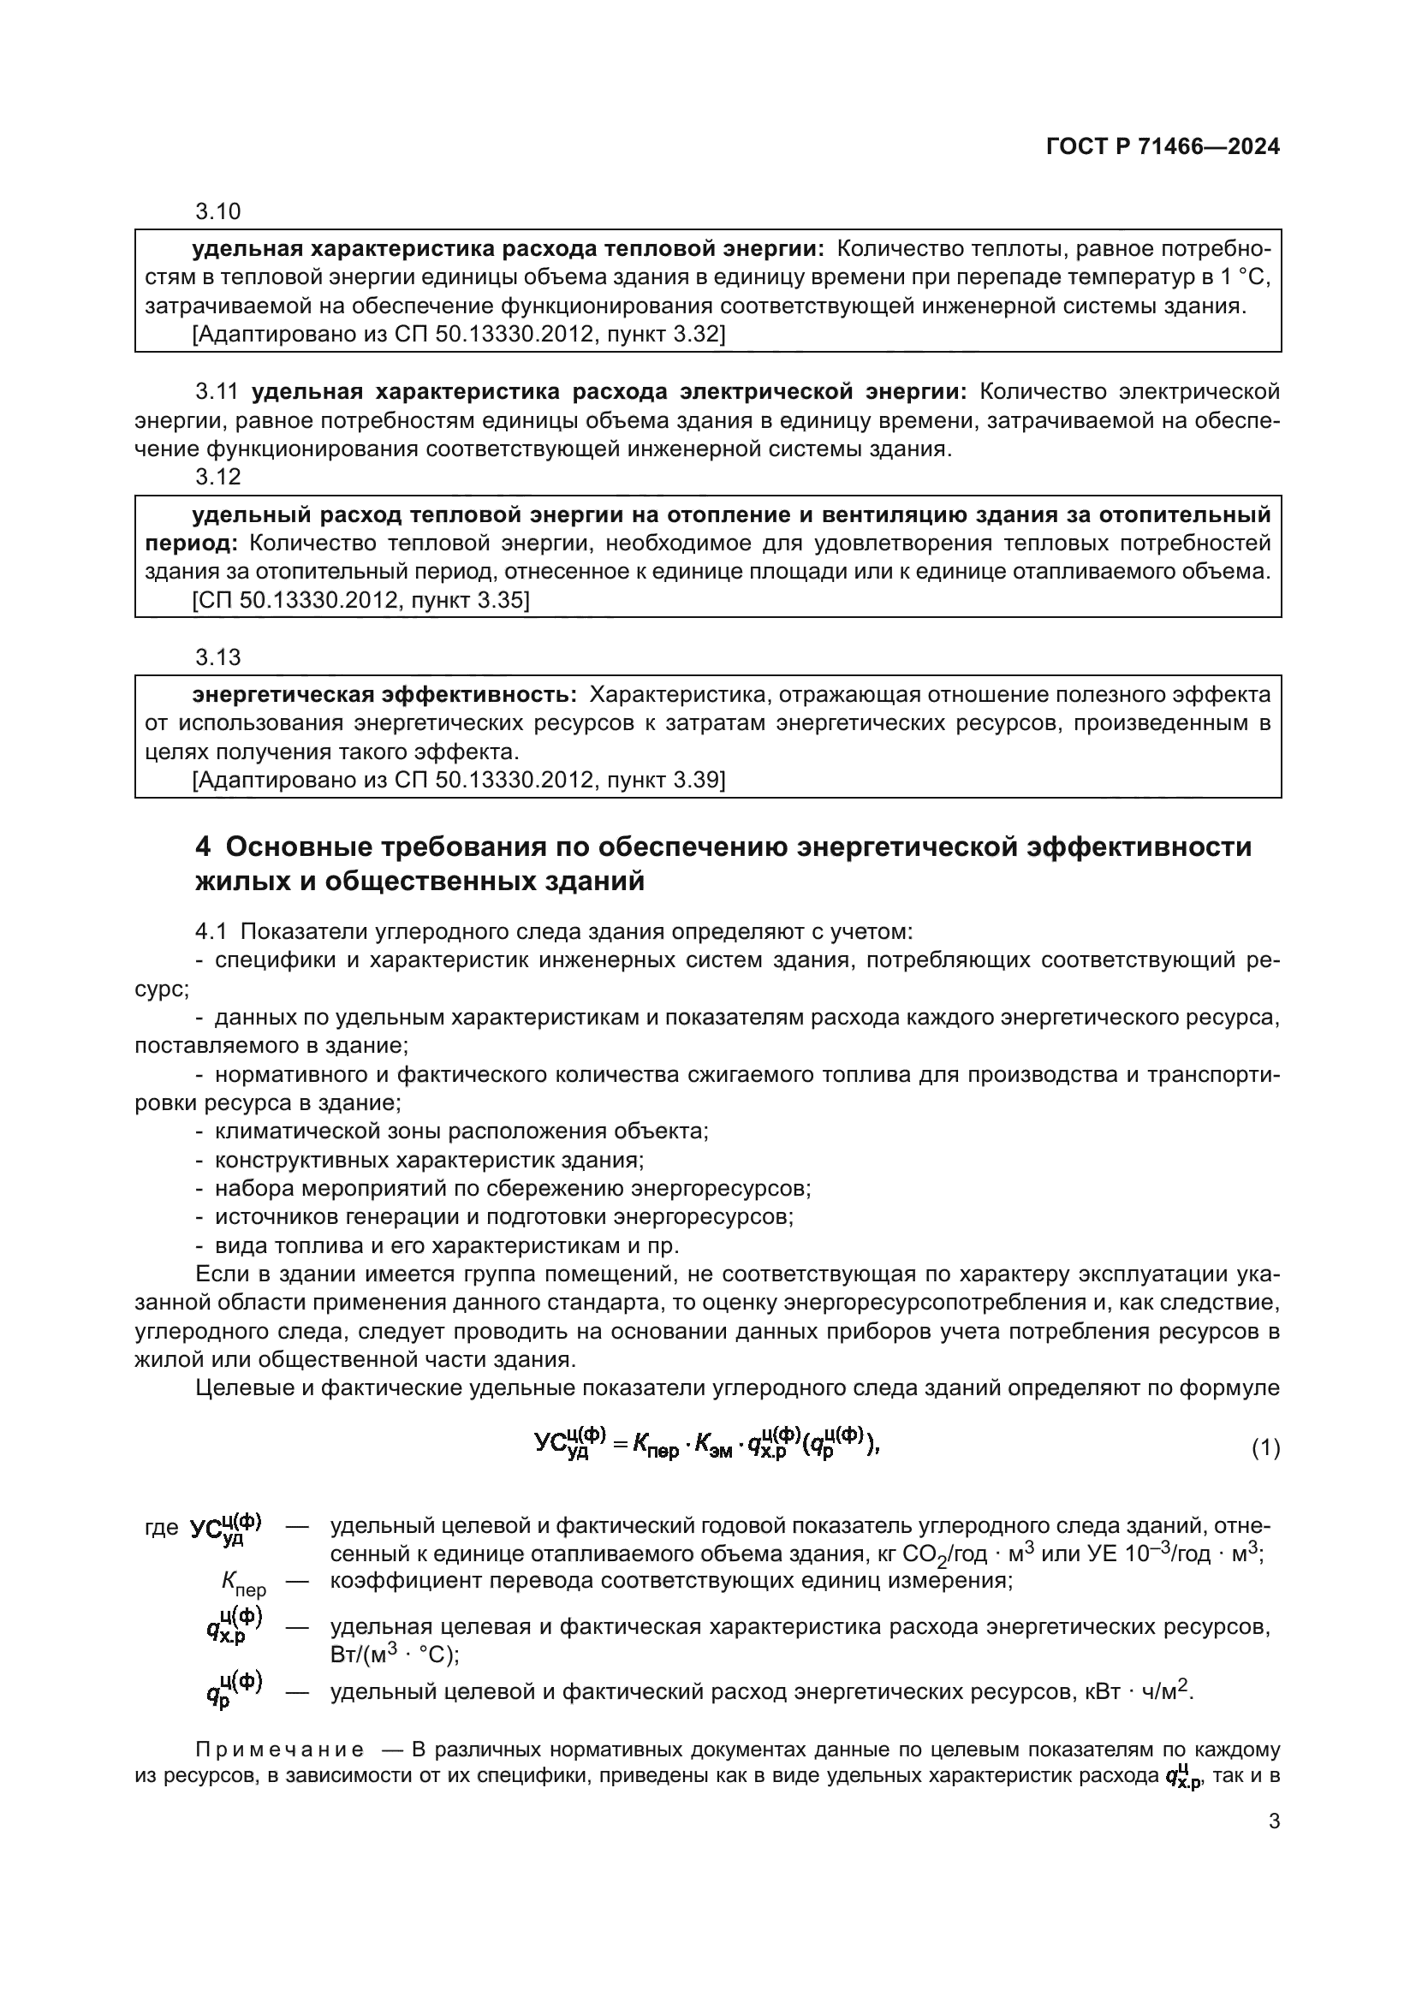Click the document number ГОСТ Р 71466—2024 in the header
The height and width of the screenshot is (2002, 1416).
coord(1163,146)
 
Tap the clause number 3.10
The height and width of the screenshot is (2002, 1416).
coord(218,212)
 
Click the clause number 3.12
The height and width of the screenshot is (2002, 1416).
coord(218,477)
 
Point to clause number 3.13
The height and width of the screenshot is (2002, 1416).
coord(218,656)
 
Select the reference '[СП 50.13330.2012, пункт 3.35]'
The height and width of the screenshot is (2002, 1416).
coord(360,600)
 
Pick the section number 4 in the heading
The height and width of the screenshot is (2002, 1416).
coord(202,847)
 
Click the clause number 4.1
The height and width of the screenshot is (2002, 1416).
coord(211,932)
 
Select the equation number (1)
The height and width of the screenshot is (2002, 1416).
coord(1265,1448)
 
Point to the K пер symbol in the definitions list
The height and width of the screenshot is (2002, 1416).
coord(243,1583)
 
